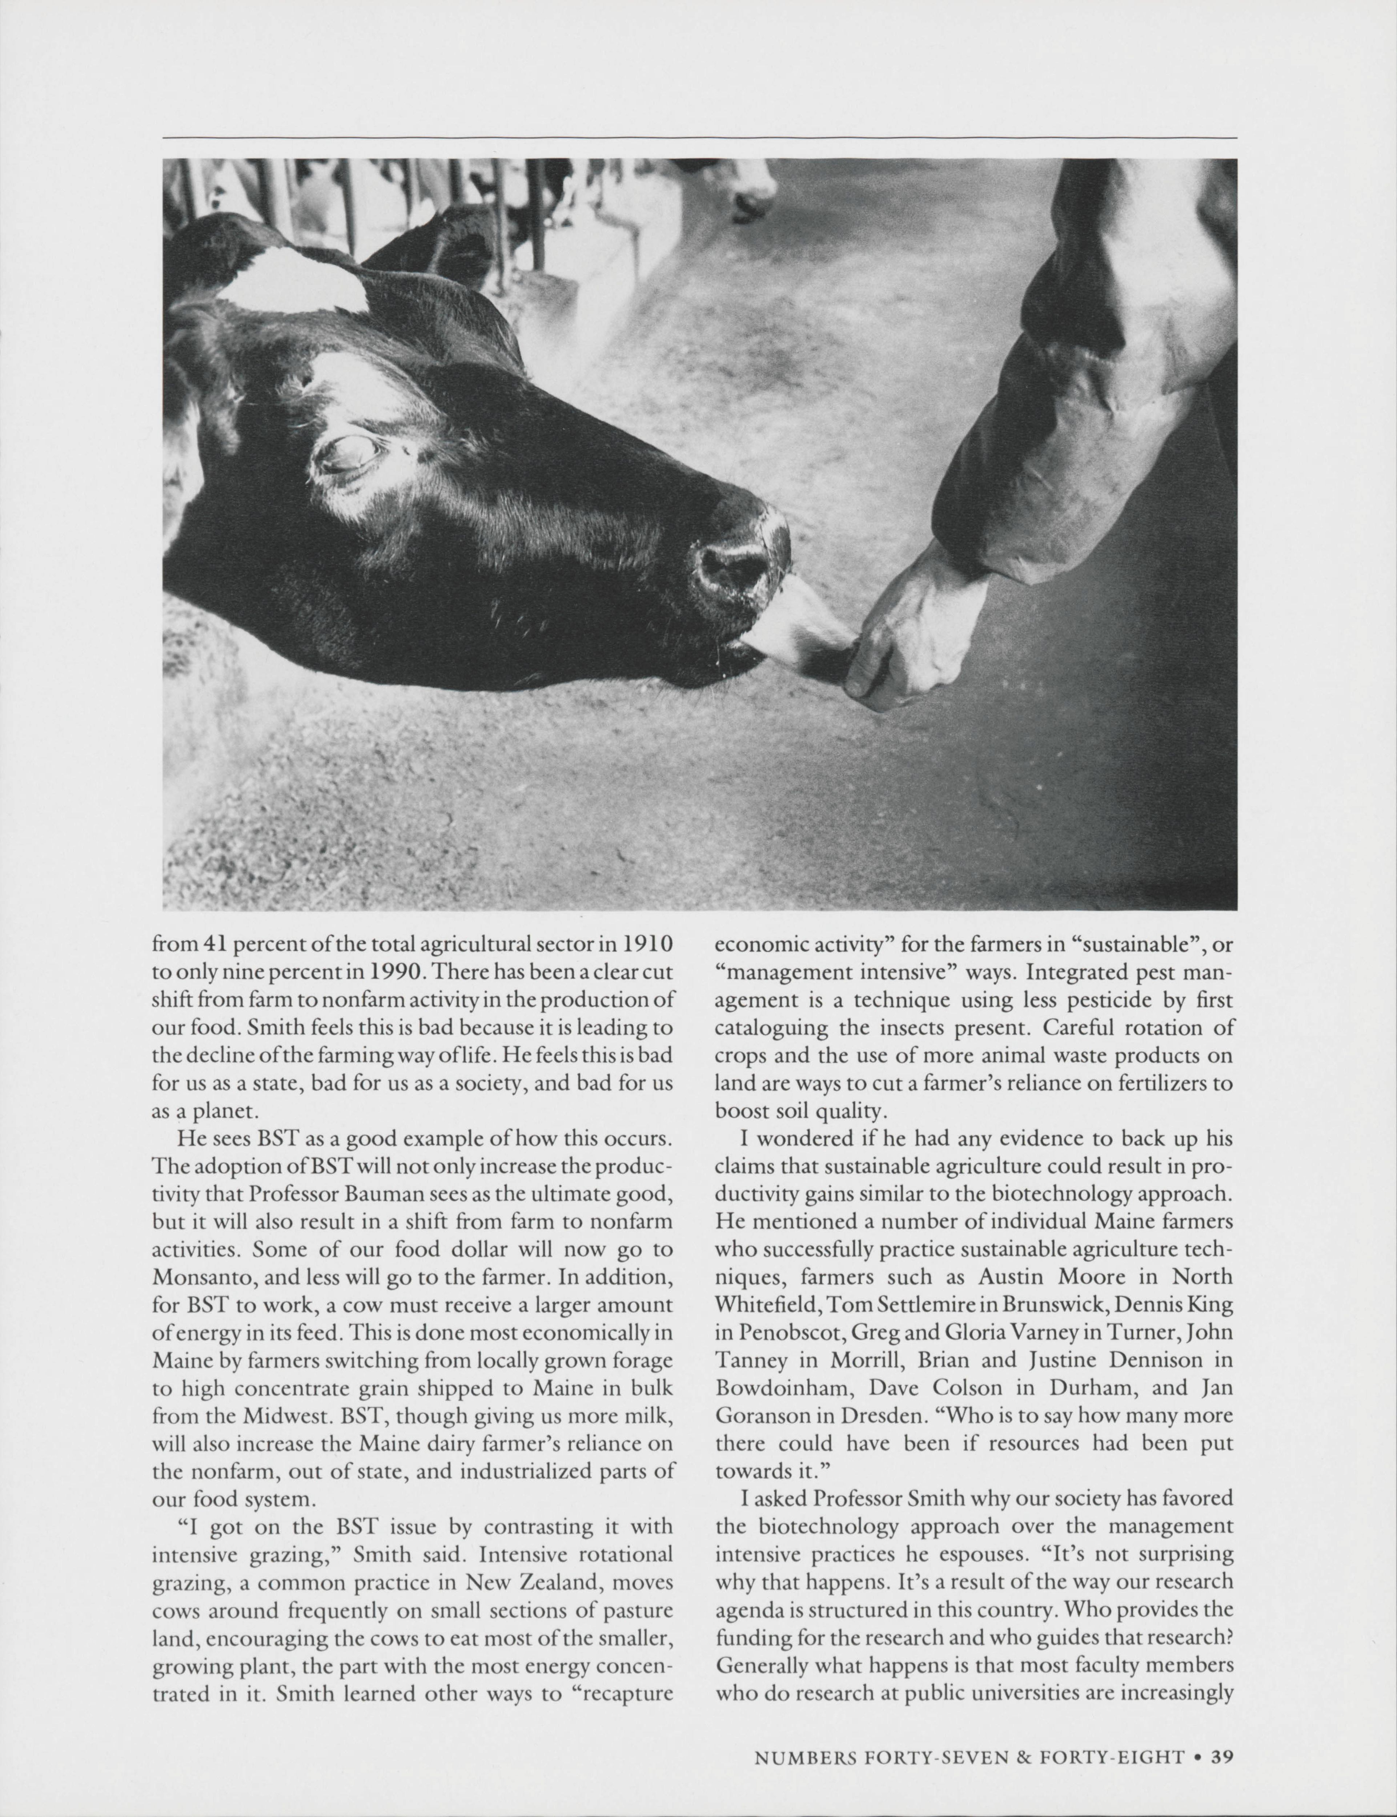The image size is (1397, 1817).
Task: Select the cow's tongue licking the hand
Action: (x=798, y=632)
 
